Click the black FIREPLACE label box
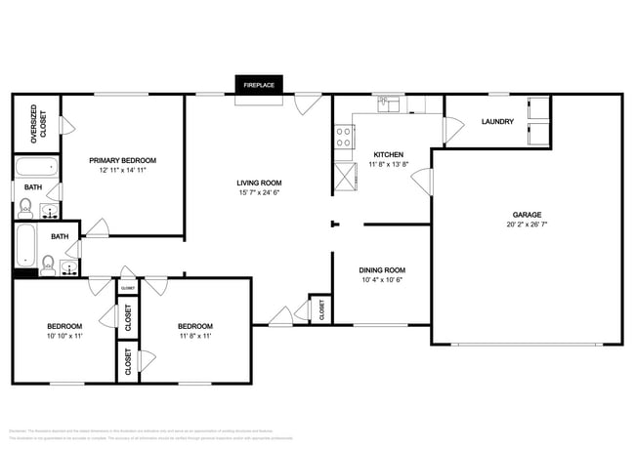259,86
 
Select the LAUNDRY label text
498,122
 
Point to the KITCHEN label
389,154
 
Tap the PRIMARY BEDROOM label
122,160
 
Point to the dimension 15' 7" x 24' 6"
259,193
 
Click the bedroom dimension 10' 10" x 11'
64,336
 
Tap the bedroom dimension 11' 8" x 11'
194,336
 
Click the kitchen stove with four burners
344,138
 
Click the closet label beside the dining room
321,309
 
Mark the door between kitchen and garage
422,181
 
